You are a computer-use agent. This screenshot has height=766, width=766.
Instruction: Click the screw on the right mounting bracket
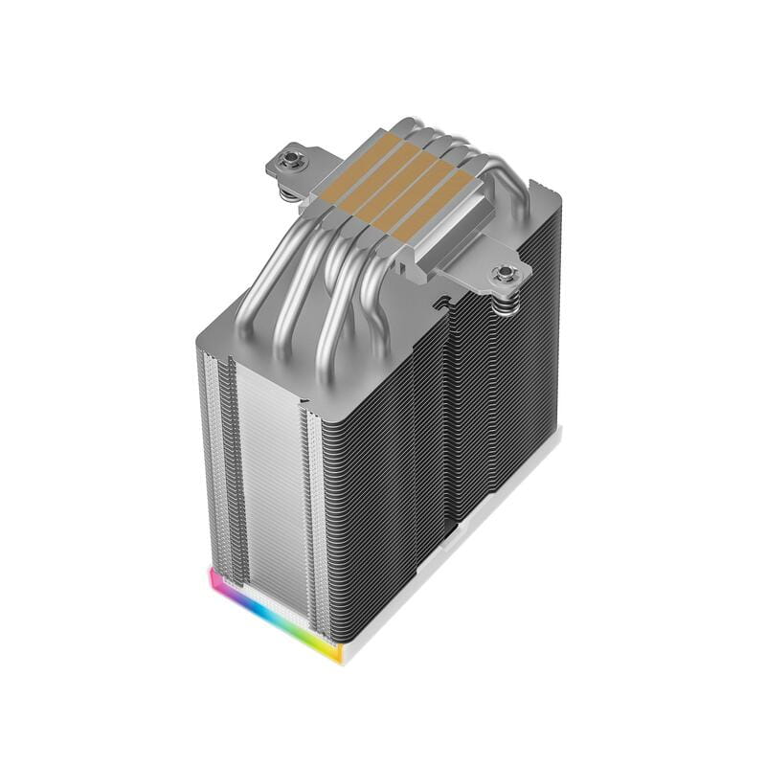[504, 276]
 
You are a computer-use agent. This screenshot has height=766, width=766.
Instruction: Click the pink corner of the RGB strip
[214, 578]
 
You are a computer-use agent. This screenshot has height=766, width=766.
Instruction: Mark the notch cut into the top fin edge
[442, 304]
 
